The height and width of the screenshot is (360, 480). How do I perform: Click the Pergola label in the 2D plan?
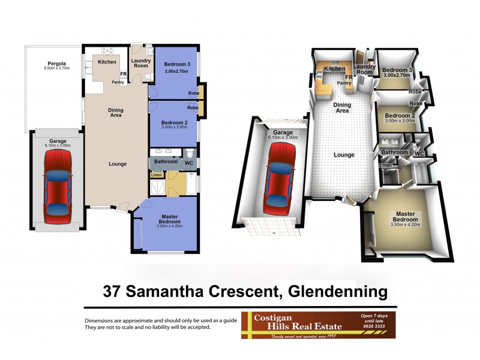pos(57,64)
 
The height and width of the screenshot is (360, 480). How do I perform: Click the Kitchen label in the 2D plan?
pos(107,61)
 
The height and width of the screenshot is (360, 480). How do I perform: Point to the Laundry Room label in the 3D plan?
pos(364,70)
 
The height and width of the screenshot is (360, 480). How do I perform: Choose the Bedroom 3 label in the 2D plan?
pos(176,64)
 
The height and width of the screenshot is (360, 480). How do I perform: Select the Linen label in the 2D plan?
pos(156,175)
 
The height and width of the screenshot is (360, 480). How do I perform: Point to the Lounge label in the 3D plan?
pos(344,155)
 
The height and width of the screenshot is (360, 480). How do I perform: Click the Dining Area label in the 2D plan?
pos(116,113)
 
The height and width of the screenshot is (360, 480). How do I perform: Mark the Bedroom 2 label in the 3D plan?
pos(400,116)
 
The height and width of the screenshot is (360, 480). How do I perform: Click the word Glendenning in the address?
pos(338,292)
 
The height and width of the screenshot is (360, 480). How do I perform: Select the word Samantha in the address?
pos(164,292)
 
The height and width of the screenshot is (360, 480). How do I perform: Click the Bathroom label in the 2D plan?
pos(166,161)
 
